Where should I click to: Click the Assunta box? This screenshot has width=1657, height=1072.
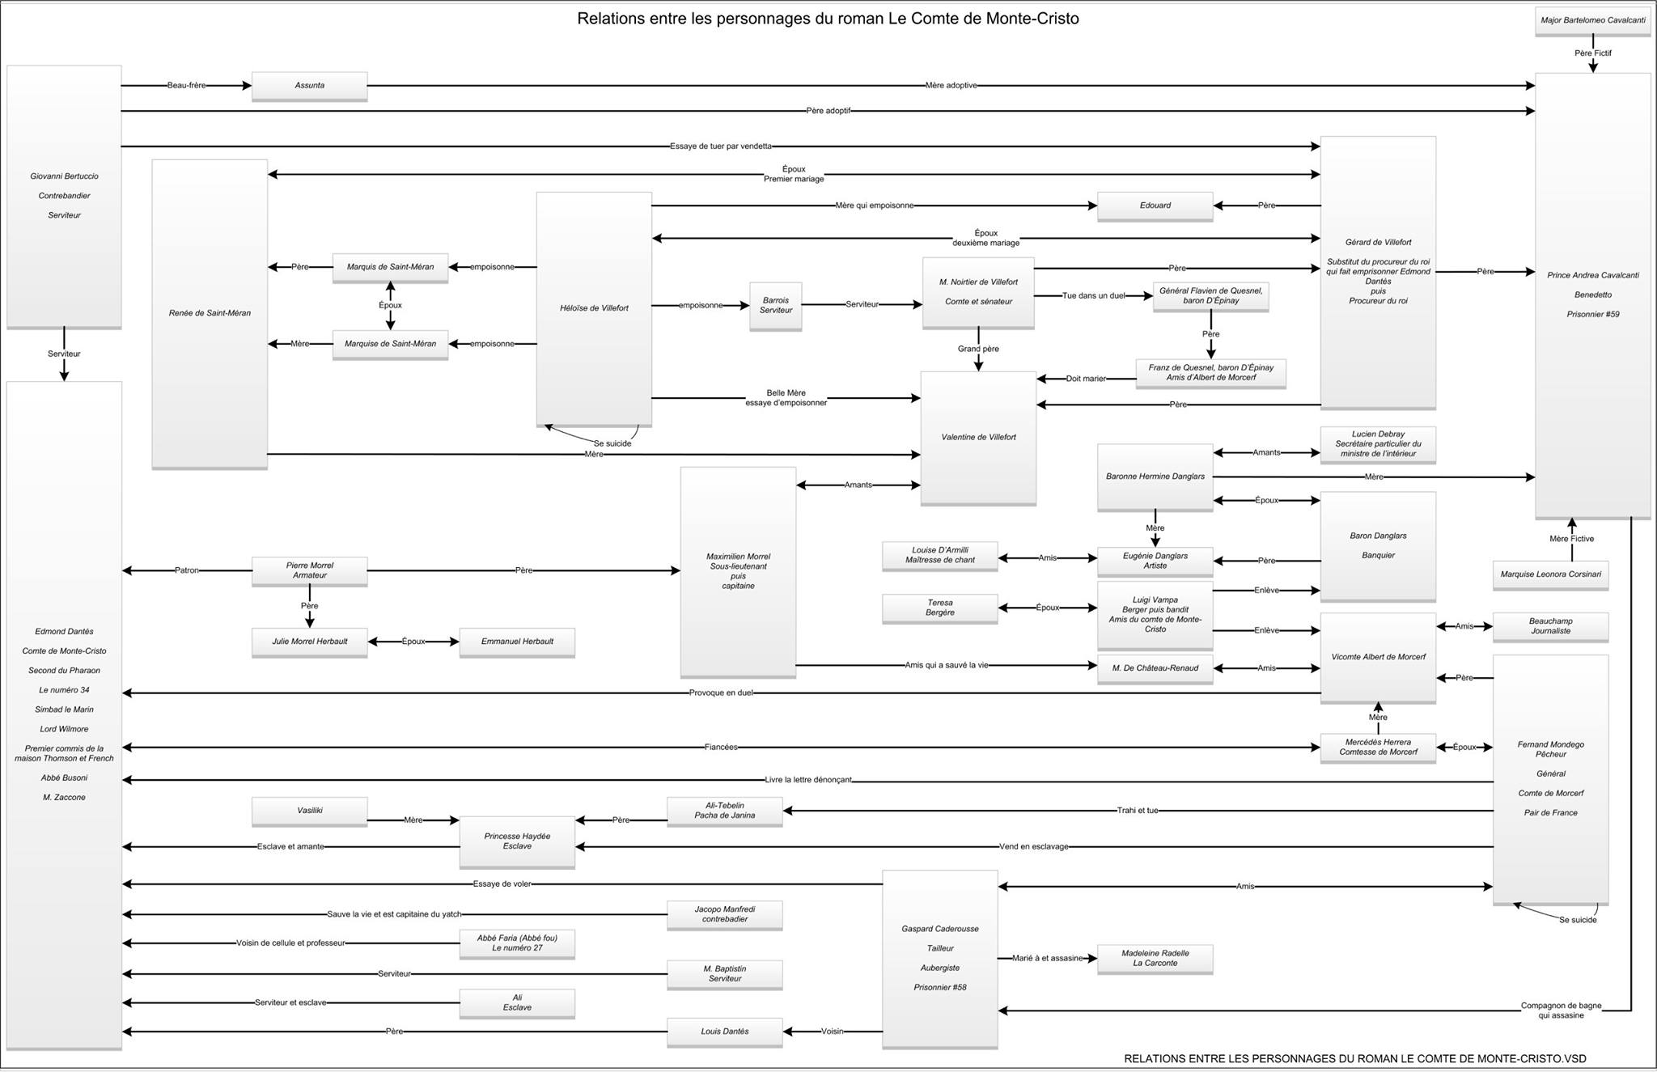pos(309,86)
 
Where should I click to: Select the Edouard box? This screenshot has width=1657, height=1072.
pos(1155,206)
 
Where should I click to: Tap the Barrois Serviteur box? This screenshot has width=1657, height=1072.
pos(776,305)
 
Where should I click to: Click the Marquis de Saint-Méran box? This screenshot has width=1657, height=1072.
pos(390,267)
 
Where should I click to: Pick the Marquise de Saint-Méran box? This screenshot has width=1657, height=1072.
pos(390,344)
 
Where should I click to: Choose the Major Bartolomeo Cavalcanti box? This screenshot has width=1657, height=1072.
pos(1592,20)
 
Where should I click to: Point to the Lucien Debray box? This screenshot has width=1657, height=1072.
pos(1378,444)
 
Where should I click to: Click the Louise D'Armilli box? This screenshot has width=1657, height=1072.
pos(939,555)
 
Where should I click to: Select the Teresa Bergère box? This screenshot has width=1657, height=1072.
pos(939,608)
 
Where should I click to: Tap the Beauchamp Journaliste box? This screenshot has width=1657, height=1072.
pos(1550,626)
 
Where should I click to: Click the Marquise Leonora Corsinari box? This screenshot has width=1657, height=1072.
pos(1550,574)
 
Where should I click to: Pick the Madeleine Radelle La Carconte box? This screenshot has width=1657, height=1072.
pos(1155,958)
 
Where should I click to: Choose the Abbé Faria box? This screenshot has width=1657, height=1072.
pos(517,943)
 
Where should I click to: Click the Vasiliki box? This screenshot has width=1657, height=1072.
pos(309,811)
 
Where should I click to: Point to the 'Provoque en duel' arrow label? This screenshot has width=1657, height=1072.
pos(721,693)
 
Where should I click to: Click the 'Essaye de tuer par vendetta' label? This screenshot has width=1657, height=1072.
pos(720,146)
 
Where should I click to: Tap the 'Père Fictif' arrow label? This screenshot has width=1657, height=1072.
pos(1592,53)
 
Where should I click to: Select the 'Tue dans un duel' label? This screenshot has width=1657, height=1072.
pos(1093,296)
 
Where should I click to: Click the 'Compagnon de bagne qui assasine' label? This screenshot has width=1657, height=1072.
pos(1561,1011)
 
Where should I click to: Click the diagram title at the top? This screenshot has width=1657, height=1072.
pos(828,19)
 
